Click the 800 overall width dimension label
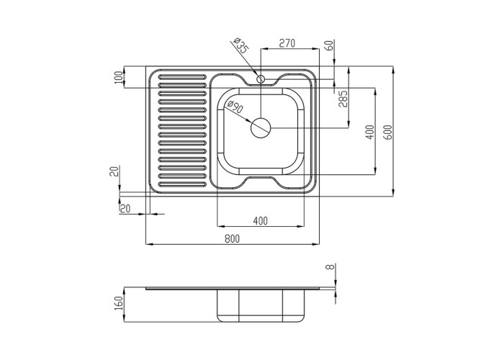232,238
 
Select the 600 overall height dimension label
388,132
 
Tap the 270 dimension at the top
287,43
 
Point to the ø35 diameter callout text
241,45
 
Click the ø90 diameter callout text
235,107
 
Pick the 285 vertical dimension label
343,99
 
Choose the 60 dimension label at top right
329,46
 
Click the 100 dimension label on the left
119,78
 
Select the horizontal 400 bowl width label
260,221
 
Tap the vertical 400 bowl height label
370,132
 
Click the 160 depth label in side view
119,304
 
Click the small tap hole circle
261,78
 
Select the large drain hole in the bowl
261,128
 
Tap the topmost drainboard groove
182,76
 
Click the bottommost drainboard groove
182,184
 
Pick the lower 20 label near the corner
125,209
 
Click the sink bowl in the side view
261,306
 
